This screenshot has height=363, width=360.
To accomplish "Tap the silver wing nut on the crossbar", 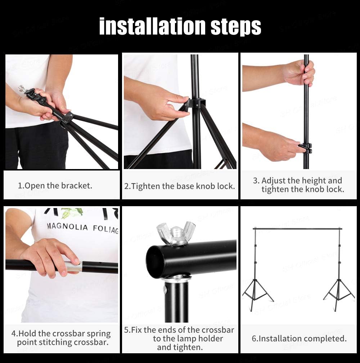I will click(x=176, y=234).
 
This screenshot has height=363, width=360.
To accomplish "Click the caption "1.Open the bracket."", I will click(x=55, y=186).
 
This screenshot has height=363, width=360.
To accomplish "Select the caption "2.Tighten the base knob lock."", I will click(x=180, y=186).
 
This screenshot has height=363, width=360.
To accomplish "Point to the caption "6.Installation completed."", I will click(x=299, y=338).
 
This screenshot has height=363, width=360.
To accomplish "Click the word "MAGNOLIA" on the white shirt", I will click(x=67, y=227).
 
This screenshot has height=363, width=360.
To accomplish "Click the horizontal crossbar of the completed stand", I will click(x=297, y=229).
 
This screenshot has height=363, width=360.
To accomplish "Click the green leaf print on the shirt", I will click(x=71, y=213).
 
